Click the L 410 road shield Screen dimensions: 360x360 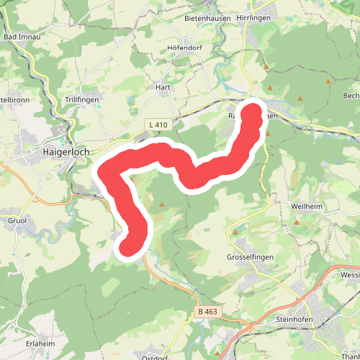(x=158, y=125)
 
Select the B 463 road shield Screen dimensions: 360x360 (x=207, y=312)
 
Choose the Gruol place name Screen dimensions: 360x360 (x=16, y=220)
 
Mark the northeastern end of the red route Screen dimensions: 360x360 (x=253, y=112)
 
